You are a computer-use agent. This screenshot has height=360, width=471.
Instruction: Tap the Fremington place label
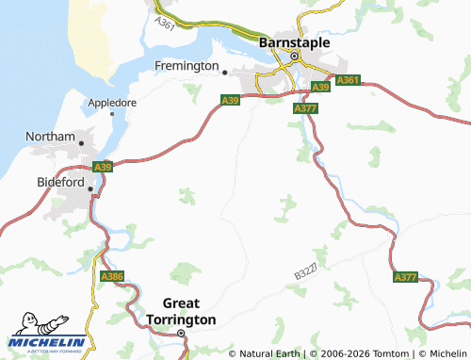(x=187, y=66)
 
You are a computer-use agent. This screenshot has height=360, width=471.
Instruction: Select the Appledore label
(x=112, y=102)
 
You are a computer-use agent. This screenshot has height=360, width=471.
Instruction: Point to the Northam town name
(x=49, y=137)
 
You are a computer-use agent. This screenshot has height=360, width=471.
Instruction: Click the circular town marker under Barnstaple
(x=294, y=57)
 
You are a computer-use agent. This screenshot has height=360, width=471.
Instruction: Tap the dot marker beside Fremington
(x=225, y=71)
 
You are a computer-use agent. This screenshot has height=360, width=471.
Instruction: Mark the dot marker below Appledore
(x=112, y=114)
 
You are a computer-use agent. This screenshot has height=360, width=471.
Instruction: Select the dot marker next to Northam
(x=82, y=143)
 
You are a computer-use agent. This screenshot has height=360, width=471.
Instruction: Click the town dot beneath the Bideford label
(x=90, y=189)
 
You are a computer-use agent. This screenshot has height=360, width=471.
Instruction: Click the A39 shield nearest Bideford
(x=103, y=167)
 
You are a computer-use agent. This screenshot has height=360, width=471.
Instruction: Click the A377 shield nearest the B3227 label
(x=405, y=278)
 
